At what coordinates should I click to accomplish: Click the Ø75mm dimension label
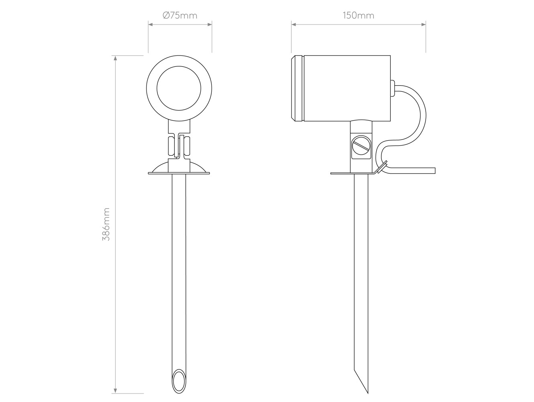coord(180,16)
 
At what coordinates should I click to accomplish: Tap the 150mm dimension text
coord(359,16)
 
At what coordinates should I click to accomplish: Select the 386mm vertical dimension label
coord(106,224)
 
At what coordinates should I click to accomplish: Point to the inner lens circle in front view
coord(179,66)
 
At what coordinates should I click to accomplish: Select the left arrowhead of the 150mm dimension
coord(293,25)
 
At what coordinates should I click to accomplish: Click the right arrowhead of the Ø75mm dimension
coord(210,25)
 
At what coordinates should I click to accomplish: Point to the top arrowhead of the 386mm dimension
coord(116,58)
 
